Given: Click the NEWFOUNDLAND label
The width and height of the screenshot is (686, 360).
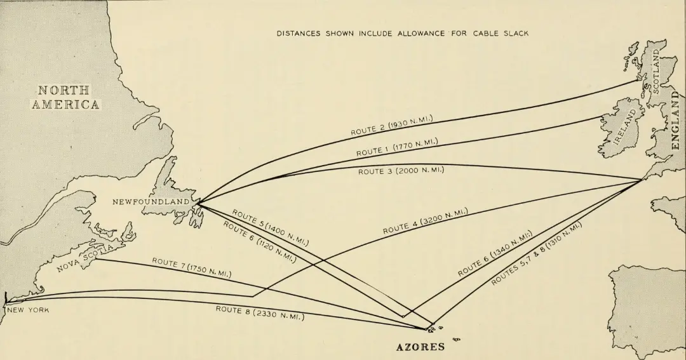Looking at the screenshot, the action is tap(151, 202).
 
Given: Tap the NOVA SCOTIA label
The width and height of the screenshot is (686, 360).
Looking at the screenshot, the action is tap(85, 258).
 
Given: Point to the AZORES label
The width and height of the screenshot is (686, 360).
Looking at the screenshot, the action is tap(420, 347).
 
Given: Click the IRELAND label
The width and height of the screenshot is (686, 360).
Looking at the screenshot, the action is tap(625, 127).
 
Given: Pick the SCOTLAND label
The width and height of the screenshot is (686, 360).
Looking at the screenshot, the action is tap(656, 71).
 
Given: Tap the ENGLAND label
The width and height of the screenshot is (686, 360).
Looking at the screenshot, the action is tap(676, 120).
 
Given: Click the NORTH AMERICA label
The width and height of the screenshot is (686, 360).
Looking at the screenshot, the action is tap(65, 97).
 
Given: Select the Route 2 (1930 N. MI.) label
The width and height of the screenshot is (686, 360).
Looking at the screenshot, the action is tap(391, 125).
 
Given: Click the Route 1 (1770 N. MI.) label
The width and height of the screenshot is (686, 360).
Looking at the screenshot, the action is tap(397, 147).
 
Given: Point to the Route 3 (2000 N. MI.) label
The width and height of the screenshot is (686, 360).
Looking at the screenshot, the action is tap(401, 171).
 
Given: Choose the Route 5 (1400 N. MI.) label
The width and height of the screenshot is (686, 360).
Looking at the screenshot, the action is tap(271, 227).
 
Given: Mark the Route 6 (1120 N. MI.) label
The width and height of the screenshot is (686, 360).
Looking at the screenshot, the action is tap(260, 242).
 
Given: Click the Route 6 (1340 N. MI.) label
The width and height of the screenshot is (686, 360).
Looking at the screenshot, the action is tap(495, 253).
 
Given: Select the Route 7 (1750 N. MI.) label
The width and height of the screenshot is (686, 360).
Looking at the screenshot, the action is tap(192, 268).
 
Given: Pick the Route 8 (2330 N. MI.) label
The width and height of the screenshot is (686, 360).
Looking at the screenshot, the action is tap(260, 313).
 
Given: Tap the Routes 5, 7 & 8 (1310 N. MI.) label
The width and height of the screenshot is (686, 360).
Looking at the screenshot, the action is tap(536, 254).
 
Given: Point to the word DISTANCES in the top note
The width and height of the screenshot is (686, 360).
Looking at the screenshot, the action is tap(299, 34).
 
